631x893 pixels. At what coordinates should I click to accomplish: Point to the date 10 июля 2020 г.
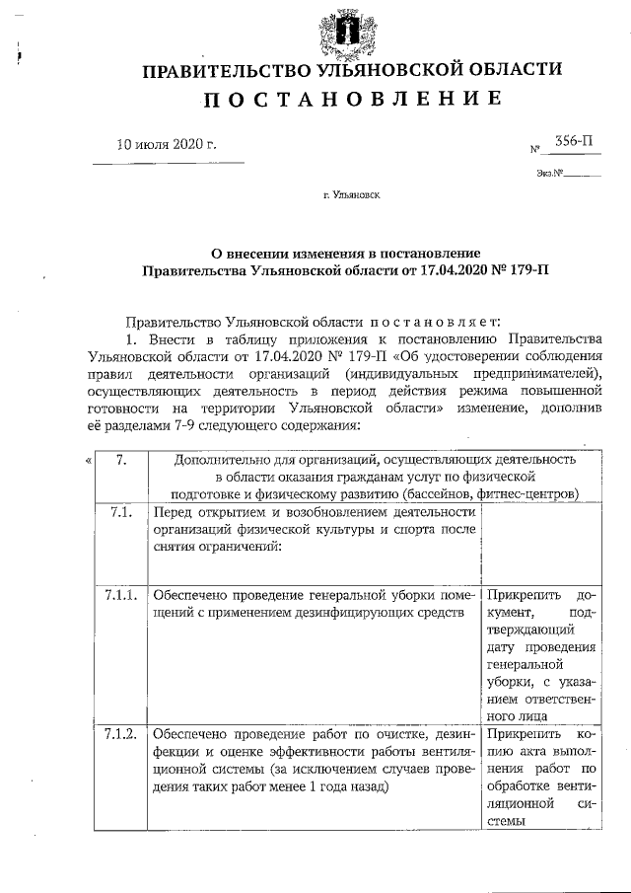pos(167,145)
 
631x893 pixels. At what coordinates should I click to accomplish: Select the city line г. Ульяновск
pos(351,195)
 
